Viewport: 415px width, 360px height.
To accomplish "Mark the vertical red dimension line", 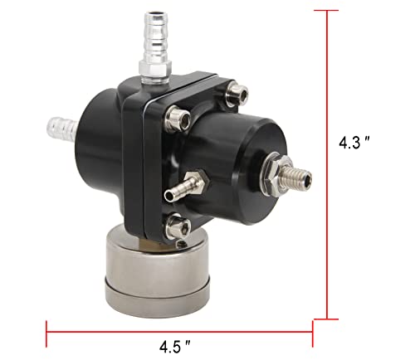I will (331, 166).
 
